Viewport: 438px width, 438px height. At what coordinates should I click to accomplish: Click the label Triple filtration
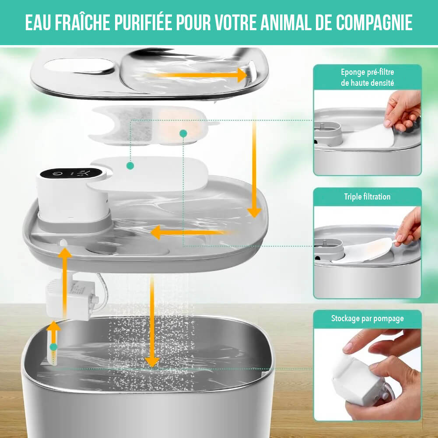coord(367,197)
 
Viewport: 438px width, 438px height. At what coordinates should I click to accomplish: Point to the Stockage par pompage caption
coord(367,319)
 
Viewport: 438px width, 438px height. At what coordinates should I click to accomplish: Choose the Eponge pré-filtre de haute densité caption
coord(367,77)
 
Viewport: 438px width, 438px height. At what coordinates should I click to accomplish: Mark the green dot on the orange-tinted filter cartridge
coord(183,133)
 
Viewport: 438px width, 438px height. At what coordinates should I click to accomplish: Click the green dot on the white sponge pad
coord(130,165)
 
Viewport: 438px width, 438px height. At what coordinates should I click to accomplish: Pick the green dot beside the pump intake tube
coord(53,347)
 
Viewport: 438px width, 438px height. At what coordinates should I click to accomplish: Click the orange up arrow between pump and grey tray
coord(65,280)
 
